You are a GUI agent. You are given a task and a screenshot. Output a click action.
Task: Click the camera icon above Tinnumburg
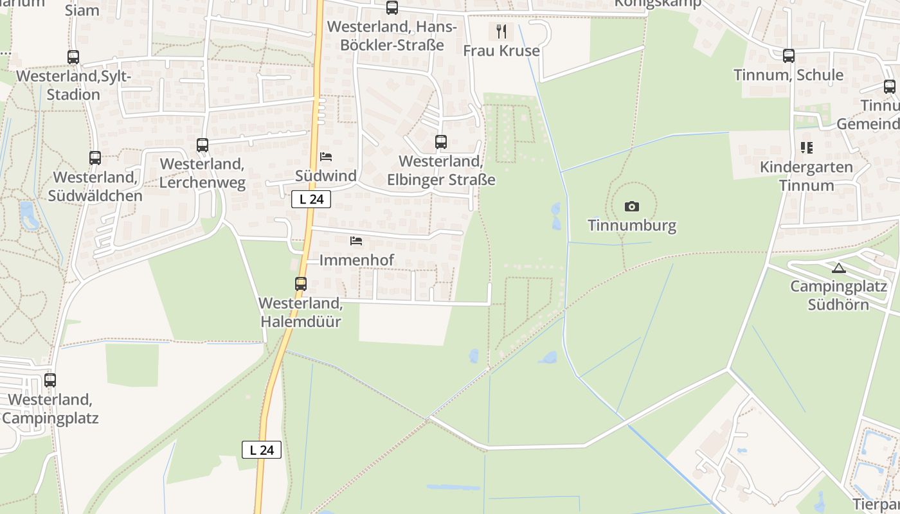(632, 206)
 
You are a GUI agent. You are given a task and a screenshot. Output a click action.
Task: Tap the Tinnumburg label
(632, 226)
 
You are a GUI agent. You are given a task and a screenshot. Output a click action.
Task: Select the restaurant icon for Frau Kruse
(501, 31)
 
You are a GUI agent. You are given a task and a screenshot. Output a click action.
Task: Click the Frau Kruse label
(501, 50)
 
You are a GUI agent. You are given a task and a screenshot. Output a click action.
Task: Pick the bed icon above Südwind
(326, 156)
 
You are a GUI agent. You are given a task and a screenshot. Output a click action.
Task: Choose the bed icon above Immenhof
(356, 241)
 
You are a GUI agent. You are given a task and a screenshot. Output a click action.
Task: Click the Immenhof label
(356, 260)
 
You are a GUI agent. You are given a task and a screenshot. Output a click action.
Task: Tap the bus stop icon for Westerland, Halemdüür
(300, 283)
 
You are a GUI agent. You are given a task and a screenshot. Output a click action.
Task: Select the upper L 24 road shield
(311, 199)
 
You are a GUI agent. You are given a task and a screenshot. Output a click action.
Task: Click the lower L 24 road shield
(262, 450)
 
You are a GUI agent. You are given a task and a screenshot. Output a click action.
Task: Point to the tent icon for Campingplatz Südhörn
(838, 268)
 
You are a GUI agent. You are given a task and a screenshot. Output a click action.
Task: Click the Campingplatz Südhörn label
(838, 295)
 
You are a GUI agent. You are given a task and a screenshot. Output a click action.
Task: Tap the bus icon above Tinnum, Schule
(789, 56)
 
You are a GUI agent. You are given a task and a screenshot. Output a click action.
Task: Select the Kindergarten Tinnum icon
(807, 148)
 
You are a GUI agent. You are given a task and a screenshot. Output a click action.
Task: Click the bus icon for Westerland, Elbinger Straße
(440, 142)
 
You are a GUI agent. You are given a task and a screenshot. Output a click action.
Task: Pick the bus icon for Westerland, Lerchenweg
(203, 145)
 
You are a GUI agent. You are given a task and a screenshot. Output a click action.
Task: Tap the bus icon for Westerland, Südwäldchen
(95, 157)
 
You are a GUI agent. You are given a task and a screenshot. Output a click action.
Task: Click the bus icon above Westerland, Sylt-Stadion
(73, 57)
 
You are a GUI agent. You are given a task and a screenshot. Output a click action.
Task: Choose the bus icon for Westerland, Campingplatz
(50, 380)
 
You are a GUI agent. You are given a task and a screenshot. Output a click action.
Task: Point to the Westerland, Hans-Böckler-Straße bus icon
(392, 8)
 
